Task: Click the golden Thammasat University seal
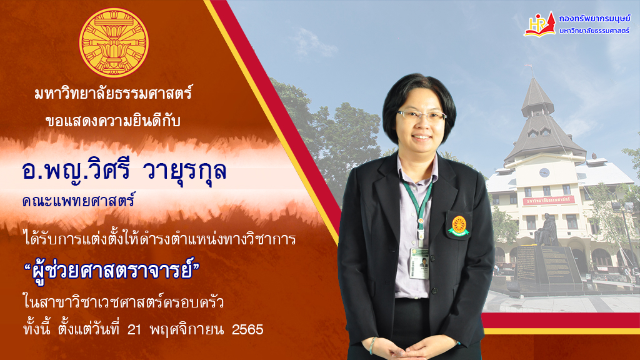114,42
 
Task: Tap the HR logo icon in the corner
539,24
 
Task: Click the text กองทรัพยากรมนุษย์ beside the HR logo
594,18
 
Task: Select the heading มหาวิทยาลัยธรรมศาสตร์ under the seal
113,94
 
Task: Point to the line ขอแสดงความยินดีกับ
113,121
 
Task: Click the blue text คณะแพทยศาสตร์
78,201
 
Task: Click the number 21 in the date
134,329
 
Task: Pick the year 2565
247,329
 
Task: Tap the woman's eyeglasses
421,115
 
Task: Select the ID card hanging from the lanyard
419,263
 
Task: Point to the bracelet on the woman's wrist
372,345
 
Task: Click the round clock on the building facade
544,172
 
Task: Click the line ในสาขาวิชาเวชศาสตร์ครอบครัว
123,302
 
